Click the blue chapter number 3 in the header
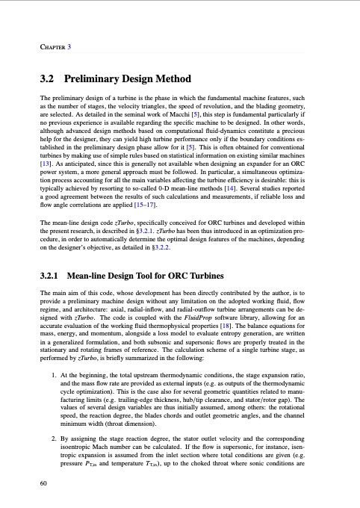pyautogui.click(x=69, y=27)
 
